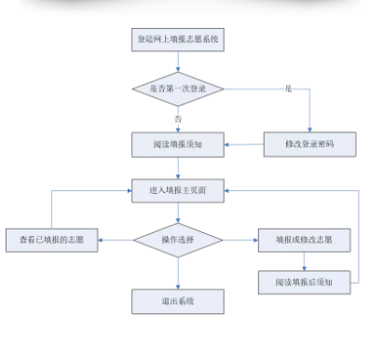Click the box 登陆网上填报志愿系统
click(178, 40)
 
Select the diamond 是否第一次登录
click(178, 89)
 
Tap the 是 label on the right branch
click(288, 89)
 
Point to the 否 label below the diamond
click(178, 118)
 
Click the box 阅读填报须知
click(178, 145)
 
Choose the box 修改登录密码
click(309, 145)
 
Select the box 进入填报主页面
click(178, 190)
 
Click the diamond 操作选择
click(178, 240)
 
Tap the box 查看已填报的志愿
click(52, 241)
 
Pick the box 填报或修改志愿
click(304, 240)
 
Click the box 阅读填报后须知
click(304, 283)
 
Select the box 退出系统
click(178, 301)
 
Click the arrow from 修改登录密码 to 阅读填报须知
click(244, 145)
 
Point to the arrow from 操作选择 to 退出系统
click(178, 273)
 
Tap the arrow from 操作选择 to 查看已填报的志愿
click(116, 240)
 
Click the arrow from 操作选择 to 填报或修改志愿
click(240, 240)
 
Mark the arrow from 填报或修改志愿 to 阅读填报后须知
click(304, 261)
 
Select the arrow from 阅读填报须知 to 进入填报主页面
click(178, 168)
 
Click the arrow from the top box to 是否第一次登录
click(178, 62)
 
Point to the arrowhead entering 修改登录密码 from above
click(309, 130)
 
